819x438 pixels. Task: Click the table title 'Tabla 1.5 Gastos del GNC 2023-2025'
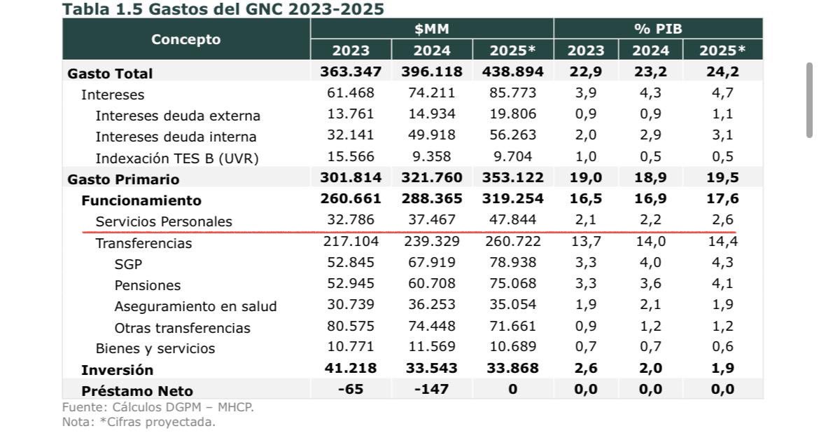coord(223,9)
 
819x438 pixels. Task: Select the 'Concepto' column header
coord(186,39)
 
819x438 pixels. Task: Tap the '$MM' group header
coord(431,29)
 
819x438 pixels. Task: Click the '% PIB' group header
coord(657,29)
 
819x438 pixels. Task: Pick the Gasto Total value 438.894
coord(512,71)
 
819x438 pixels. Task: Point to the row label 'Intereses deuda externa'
coord(178,116)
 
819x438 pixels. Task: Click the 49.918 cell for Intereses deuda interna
coord(431,136)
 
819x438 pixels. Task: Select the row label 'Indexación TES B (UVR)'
coord(177,158)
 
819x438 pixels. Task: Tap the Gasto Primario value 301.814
coord(351,178)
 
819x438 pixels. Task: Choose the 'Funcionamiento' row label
coord(141,200)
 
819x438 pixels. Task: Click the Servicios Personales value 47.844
coord(512,220)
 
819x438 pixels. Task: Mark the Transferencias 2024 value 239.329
coord(431,242)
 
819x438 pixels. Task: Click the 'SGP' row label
coord(128,264)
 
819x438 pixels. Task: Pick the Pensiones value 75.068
coord(512,284)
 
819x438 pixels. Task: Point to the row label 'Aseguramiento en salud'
coord(195,306)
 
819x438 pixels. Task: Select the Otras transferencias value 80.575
coord(351,327)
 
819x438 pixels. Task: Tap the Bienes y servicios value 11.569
coord(431,347)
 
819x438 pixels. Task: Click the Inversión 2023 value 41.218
coord(351,368)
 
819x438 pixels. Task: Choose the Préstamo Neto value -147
coord(431,390)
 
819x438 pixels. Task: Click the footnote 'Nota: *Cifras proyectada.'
coord(139,422)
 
